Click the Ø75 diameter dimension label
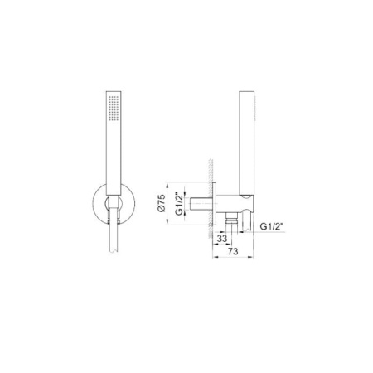tap(162, 203)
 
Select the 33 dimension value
tap(222, 239)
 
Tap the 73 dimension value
tap(233, 251)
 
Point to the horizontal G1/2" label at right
tap(272, 226)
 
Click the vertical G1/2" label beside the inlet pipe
tap(179, 203)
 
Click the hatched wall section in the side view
tap(211, 198)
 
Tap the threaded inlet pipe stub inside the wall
tap(201, 203)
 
